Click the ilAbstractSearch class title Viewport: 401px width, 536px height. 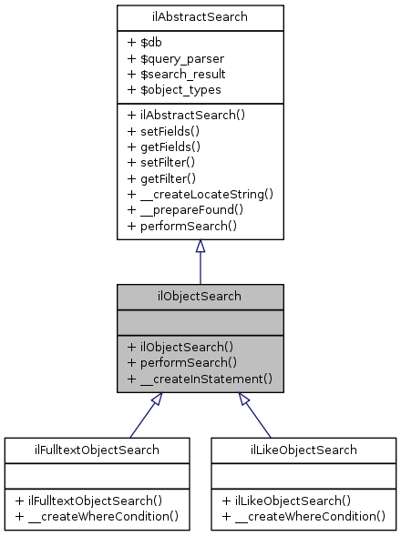pos(200,15)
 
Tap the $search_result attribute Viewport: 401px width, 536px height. pos(178,74)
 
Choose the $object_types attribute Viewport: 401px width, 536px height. pos(175,89)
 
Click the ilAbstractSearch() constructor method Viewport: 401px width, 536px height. pos(187,116)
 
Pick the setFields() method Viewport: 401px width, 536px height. pos(164,131)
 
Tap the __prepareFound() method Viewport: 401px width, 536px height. pos(186,208)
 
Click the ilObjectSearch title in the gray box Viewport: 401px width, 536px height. pos(200,296)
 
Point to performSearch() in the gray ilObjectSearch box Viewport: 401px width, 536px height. pos(182,361)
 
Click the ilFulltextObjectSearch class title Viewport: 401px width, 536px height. pos(97,449)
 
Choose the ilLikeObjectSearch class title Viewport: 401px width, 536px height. pos(304,449)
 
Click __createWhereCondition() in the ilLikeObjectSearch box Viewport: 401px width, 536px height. pos(304,516)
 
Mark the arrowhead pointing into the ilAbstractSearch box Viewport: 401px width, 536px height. pos(200,247)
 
